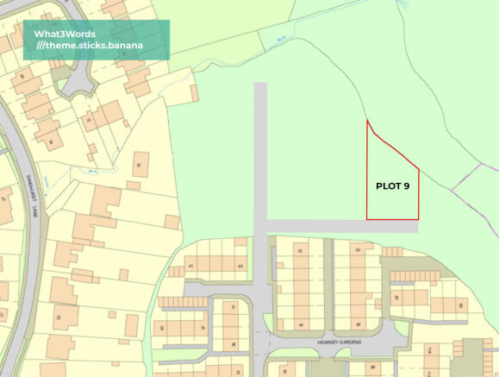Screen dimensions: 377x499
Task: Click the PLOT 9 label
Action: tap(392, 185)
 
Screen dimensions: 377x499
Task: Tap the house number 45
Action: tap(240, 266)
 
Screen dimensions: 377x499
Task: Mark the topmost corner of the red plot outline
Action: tap(368, 120)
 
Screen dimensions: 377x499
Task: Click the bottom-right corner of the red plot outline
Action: tap(419, 219)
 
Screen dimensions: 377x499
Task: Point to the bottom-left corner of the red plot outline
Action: tap(368, 219)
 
